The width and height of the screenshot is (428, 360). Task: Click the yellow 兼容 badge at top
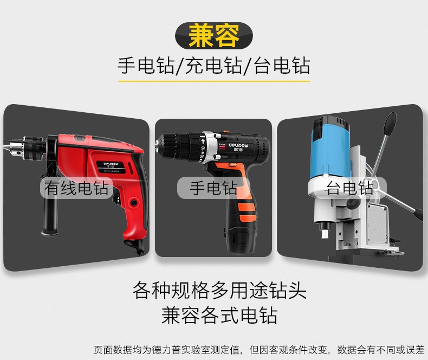coord(213,35)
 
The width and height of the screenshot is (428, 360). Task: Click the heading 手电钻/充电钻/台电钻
coord(213,66)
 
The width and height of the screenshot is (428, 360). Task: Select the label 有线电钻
coord(76,189)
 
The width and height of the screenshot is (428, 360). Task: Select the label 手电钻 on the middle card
coord(213,188)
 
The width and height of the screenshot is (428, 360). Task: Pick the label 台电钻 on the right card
coord(349,188)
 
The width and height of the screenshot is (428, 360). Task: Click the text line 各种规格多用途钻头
coord(219,291)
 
